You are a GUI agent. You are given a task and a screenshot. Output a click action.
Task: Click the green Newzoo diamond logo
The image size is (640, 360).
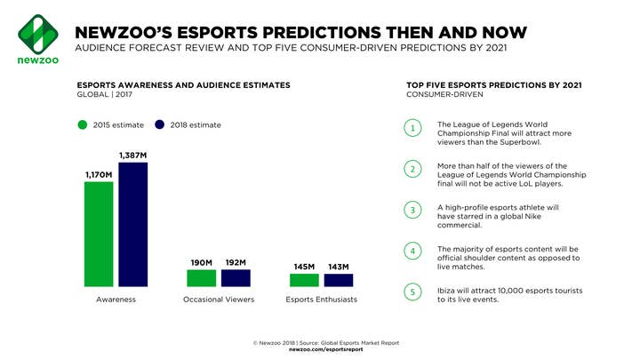pyautogui.click(x=38, y=35)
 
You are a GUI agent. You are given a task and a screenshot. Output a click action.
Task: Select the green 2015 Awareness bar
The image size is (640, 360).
pyautogui.click(x=99, y=235)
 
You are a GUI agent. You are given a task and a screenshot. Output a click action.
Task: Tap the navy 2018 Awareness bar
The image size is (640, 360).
pyautogui.click(x=133, y=225)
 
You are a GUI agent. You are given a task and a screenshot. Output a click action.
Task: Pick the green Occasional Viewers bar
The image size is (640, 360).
pyautogui.click(x=202, y=278)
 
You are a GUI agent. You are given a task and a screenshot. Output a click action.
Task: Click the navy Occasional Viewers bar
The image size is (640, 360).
pyautogui.click(x=236, y=278)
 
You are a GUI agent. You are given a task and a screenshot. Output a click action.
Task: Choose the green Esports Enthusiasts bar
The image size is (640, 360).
pyautogui.click(x=305, y=280)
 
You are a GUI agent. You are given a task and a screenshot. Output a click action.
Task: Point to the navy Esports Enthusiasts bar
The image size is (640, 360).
pyautogui.click(x=339, y=280)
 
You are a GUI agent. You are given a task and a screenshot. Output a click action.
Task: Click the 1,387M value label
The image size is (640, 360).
pyautogui.click(x=133, y=156)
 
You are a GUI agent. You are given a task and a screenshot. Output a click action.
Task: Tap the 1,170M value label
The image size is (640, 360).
pyautogui.click(x=99, y=175)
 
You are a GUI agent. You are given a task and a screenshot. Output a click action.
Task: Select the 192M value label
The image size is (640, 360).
pyautogui.click(x=236, y=262)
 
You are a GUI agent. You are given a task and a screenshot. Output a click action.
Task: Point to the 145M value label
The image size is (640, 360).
pyautogui.click(x=305, y=267)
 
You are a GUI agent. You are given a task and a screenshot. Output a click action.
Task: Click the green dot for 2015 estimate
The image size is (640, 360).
pyautogui.click(x=83, y=125)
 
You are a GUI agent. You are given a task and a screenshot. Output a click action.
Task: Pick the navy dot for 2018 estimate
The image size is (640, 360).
pyautogui.click(x=160, y=125)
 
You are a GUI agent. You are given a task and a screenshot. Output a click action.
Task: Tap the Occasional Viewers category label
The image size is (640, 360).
pyautogui.click(x=219, y=300)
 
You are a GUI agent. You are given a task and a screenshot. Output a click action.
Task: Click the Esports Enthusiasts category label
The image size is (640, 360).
pyautogui.click(x=322, y=300)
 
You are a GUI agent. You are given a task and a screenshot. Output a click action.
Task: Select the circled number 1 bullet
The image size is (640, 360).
pyautogui.click(x=412, y=128)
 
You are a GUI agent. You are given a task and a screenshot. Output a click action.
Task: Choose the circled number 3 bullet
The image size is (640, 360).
pyautogui.click(x=412, y=210)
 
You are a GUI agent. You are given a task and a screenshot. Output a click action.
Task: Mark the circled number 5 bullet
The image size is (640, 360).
pyautogui.click(x=412, y=292)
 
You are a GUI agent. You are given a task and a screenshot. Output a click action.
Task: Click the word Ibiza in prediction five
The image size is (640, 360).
pyautogui.click(x=445, y=291)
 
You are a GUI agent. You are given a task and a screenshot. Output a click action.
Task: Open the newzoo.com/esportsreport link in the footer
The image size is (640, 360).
pyautogui.click(x=325, y=349)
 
